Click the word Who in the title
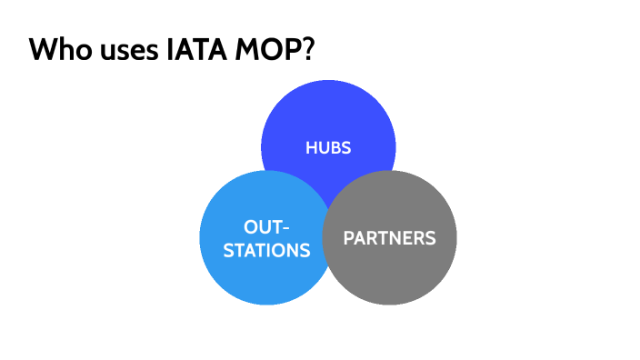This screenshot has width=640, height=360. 56,50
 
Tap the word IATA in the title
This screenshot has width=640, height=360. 196,50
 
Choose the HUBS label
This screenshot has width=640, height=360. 328,147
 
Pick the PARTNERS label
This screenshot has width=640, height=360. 389,238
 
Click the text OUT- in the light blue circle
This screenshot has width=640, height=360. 267,226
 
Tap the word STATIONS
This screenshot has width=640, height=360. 266,250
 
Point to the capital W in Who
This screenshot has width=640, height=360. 43,50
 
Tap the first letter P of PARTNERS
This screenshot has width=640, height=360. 348,238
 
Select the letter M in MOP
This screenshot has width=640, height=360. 250,50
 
